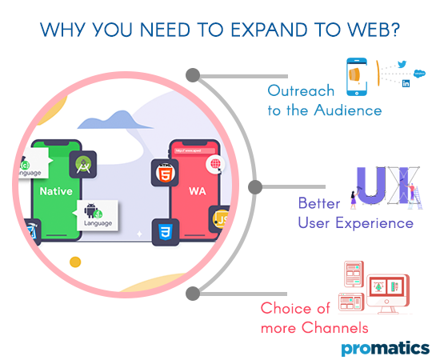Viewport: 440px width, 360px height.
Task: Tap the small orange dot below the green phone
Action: coord(75,262)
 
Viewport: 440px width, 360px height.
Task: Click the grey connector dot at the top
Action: coord(192,75)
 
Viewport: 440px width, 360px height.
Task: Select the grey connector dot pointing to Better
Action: coord(255,187)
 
